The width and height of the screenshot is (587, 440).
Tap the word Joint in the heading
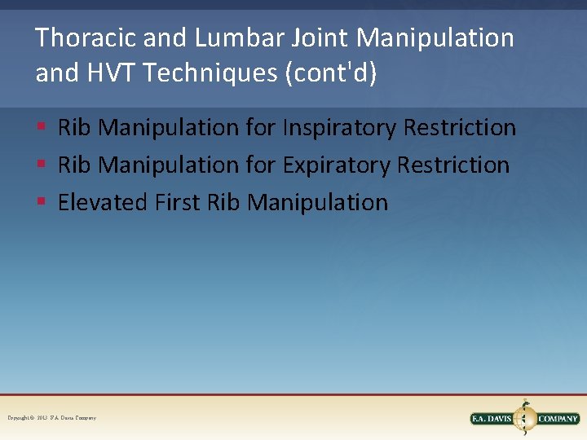[x=328, y=38]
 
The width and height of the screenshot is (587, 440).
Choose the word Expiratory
[x=337, y=165]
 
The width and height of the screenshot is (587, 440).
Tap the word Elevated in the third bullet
[x=103, y=202]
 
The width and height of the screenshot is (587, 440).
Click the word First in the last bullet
[x=177, y=202]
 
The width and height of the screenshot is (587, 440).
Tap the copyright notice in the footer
[x=52, y=417]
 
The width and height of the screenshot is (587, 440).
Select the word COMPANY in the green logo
[x=558, y=419]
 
